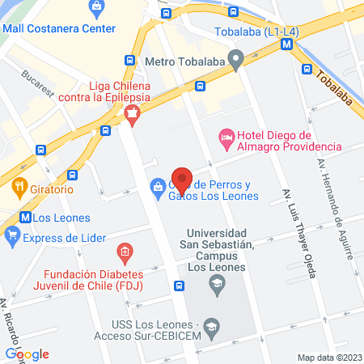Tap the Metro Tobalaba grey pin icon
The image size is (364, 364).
coord(236,58)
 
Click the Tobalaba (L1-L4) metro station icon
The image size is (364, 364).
coord(287,46)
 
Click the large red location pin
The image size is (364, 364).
coord(182,180)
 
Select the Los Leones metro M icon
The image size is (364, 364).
coord(25,217)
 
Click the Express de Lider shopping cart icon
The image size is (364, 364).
coord(12,237)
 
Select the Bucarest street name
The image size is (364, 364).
coord(38,84)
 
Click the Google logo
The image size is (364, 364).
coord(28,353)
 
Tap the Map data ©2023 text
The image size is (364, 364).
coord(328,357)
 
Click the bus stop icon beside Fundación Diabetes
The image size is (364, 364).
coord(179,285)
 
